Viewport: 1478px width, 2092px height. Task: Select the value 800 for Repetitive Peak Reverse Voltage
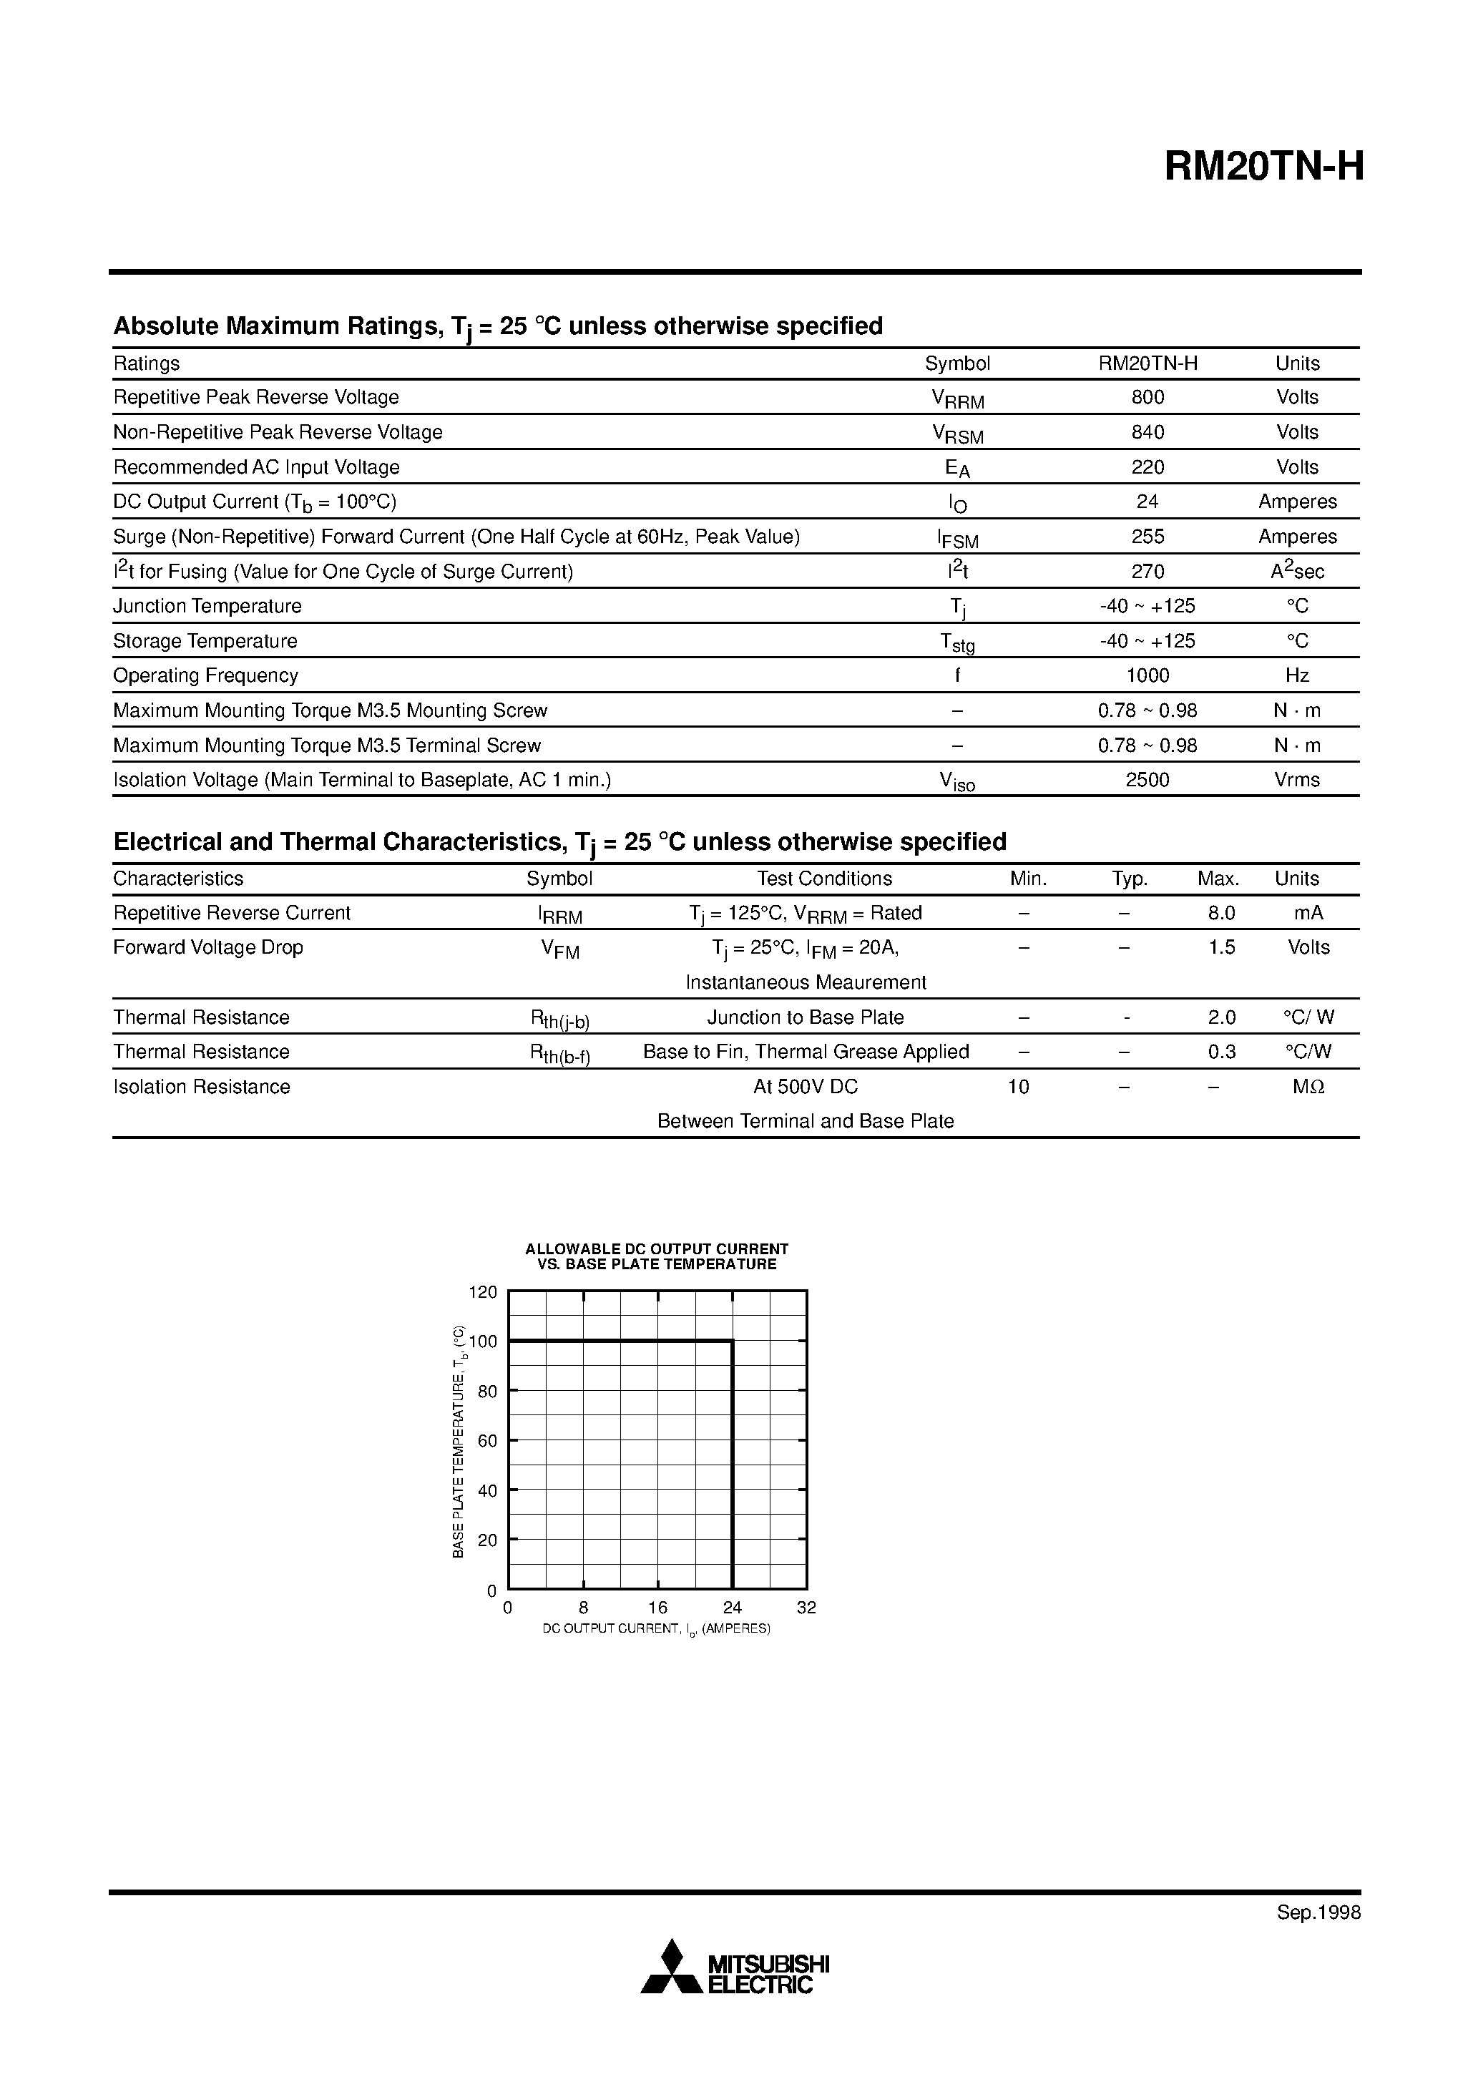tap(1147, 397)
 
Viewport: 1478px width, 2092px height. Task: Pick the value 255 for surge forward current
tap(1147, 537)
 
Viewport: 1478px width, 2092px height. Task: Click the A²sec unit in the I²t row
tap(1297, 571)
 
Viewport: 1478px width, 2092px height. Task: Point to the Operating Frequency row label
tap(205, 675)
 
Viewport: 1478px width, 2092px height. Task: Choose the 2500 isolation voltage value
tap(1147, 780)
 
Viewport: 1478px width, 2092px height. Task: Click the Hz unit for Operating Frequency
tap(1297, 675)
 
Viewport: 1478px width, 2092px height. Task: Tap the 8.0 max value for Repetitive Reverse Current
tap(1221, 913)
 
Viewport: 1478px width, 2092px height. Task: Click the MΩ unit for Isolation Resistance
tap(1308, 1087)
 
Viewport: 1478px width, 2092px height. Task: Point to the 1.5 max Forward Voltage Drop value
tap(1221, 947)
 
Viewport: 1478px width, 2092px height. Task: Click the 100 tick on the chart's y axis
tap(483, 1341)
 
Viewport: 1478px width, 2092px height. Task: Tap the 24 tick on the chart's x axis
tap(732, 1608)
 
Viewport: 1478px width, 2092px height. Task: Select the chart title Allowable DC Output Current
tap(656, 1249)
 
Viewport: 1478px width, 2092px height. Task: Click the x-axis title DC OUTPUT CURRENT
tap(656, 1628)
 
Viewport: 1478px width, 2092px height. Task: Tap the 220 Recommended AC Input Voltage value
tap(1147, 467)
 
